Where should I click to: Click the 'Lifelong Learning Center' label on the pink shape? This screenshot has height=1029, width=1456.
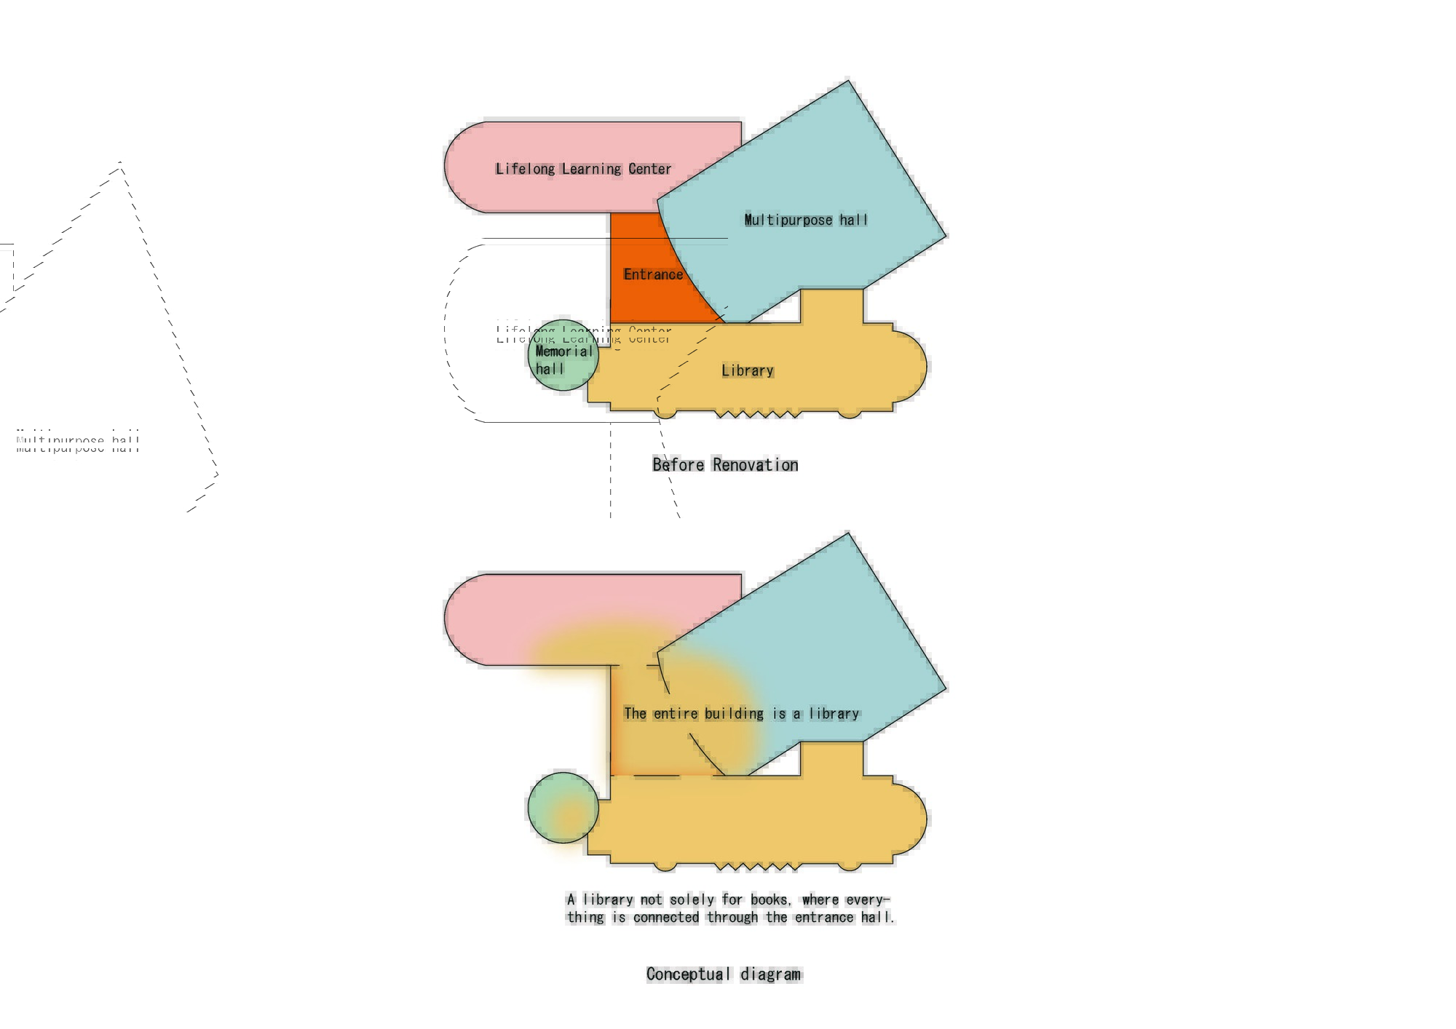583,169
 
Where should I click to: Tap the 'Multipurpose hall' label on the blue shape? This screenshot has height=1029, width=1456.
806,220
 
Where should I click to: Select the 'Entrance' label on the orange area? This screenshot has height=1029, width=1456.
653,274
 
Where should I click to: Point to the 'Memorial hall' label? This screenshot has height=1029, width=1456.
564,360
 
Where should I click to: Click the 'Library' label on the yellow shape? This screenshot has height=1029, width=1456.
748,370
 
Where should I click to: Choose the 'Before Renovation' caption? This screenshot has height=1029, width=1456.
725,465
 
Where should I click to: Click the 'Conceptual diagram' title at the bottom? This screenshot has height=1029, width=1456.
724,974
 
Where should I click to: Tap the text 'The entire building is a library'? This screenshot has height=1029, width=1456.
741,714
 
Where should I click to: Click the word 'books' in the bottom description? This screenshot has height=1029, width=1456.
769,900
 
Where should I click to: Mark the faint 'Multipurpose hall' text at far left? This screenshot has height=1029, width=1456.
78,442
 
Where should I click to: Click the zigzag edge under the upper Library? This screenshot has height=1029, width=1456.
757,414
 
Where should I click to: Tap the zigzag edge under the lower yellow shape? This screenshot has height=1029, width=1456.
757,867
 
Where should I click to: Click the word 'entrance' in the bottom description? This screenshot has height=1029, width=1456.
824,918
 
